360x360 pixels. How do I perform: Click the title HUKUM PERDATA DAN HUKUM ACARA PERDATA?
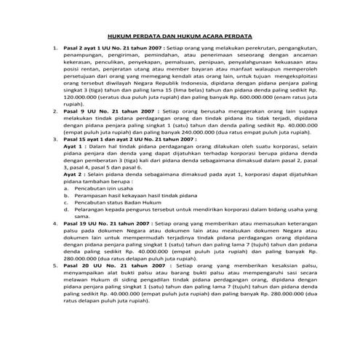[180, 35]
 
